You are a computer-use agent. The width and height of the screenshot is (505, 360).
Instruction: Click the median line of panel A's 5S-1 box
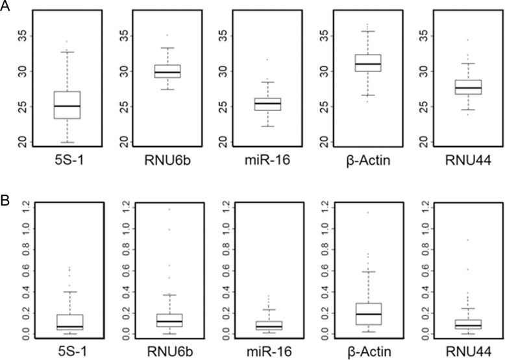click(67, 106)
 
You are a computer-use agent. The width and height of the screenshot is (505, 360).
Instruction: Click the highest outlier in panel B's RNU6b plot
click(170, 209)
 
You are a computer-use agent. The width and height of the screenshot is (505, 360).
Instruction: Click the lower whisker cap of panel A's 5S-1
click(67, 142)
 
